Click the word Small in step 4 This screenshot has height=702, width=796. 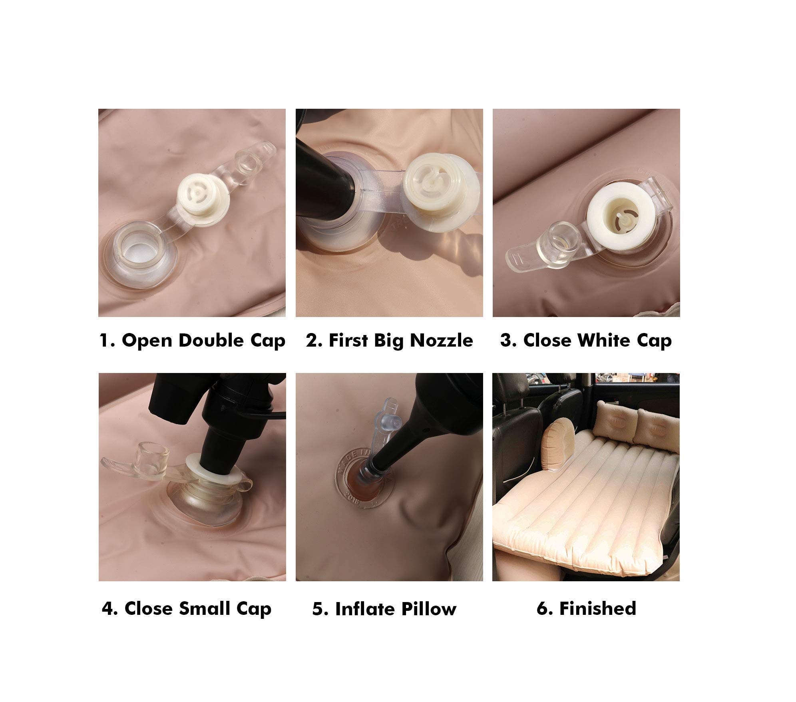(204, 609)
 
